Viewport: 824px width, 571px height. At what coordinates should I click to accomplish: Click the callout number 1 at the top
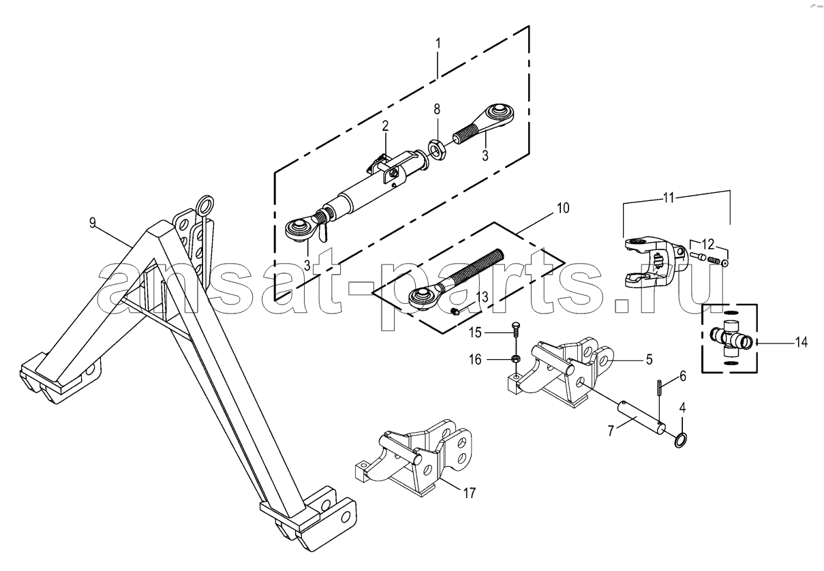point(438,44)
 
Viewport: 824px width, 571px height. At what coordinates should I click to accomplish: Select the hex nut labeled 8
point(437,149)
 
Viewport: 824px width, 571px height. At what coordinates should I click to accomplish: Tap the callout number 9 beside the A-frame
point(92,223)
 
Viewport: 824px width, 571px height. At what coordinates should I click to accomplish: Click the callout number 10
point(563,208)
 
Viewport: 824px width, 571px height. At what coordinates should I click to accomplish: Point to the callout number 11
point(669,198)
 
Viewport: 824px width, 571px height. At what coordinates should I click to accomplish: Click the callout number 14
point(802,342)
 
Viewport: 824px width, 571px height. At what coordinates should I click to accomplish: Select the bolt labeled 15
point(515,334)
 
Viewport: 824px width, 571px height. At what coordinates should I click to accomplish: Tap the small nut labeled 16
point(515,358)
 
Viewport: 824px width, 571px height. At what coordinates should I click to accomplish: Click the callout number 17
point(469,493)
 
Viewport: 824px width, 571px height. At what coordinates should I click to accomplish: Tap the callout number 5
point(650,359)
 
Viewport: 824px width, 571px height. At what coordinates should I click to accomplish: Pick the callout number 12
point(708,244)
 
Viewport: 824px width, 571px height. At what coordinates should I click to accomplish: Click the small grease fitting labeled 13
point(454,312)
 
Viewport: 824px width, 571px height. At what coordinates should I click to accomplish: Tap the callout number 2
point(385,126)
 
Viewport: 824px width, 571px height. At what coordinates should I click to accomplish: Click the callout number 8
point(437,109)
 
